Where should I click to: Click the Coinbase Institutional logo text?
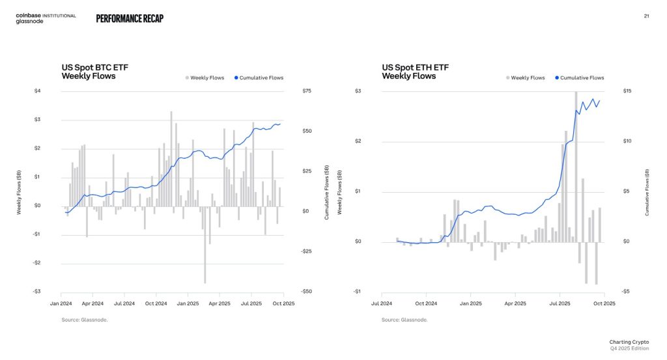46,16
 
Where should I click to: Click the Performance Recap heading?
130,19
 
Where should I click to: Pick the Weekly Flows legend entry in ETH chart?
527,78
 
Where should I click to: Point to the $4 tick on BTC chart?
37,90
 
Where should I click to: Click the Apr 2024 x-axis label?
92,303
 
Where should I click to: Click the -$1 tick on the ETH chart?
357,291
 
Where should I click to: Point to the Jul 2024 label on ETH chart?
382,303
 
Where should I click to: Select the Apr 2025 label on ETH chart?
515,303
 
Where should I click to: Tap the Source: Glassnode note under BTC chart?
85,320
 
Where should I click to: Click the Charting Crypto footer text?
628,342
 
